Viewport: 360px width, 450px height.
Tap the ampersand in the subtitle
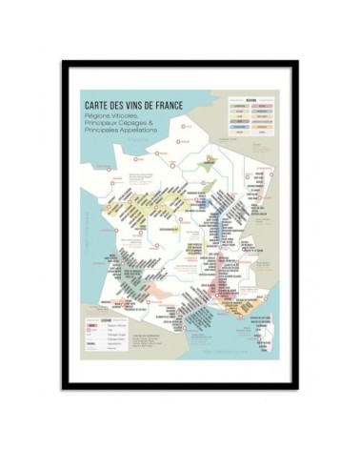pos(151,121)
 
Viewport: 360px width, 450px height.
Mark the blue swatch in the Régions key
pos(240,120)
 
